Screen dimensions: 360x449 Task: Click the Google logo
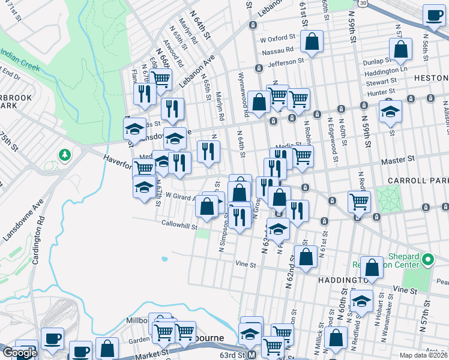tap(19, 353)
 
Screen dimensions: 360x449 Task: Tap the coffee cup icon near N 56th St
tap(433, 16)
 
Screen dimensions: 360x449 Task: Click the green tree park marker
tap(64, 156)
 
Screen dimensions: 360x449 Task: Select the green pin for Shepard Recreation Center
tap(427, 260)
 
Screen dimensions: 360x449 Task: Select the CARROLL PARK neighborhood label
tap(418, 180)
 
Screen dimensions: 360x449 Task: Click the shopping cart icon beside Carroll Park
tap(359, 202)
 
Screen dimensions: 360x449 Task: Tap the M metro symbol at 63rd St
tap(252, 355)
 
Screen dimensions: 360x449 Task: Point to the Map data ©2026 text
tap(424, 355)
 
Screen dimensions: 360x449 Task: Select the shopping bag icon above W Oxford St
tap(312, 42)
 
